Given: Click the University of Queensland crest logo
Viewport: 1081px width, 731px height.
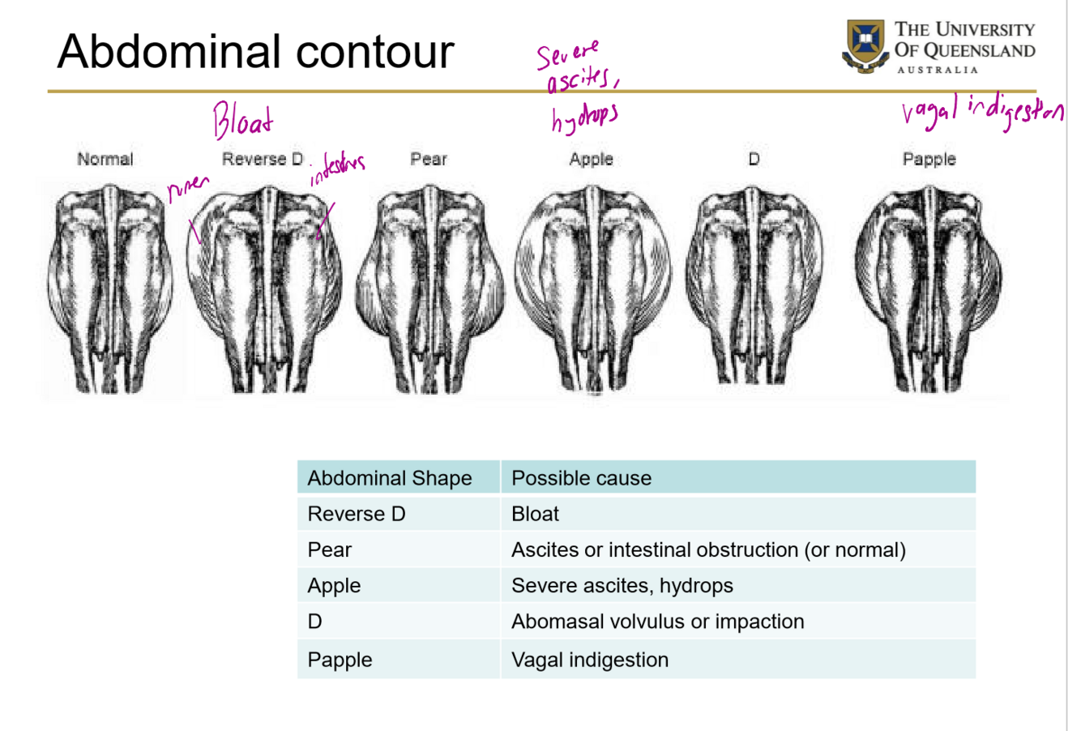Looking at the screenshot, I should pos(865,45).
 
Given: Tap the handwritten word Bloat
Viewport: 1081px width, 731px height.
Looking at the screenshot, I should pos(242,122).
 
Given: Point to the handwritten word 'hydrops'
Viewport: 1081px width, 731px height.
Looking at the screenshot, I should pos(584,118).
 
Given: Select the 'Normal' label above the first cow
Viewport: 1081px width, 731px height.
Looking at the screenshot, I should pos(105,159).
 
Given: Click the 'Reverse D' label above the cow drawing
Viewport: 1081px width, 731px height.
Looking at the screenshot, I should pos(263,159).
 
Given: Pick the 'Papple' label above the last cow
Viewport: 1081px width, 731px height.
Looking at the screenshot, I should pos(929,159).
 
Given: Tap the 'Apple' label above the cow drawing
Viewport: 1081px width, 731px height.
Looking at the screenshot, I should pos(591,159).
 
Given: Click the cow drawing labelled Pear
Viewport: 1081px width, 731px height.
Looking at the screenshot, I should pos(429,288).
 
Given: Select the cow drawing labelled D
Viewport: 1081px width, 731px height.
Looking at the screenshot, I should pos(754,288).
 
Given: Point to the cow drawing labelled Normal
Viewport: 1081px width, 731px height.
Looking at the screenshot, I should pos(110,288).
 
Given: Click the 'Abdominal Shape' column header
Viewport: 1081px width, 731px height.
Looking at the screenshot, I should pos(390,478).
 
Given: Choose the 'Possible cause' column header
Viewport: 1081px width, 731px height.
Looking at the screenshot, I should pos(581,478).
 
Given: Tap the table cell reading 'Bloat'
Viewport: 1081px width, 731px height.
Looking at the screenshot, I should pos(535,514).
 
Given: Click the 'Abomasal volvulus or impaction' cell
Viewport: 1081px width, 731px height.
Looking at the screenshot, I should pos(657,622).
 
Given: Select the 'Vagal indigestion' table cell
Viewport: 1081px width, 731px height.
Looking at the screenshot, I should pos(589,660).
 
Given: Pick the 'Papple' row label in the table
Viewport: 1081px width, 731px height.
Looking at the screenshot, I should pos(340,660).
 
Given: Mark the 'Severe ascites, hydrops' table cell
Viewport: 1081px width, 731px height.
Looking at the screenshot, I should pos(622,585).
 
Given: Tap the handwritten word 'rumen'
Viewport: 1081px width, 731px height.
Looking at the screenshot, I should pos(188,189).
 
